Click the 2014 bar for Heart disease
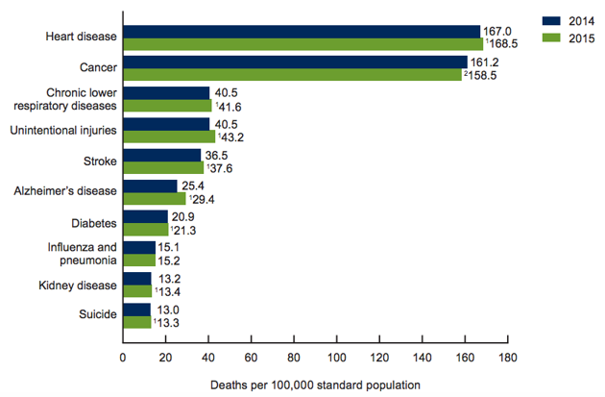(x=302, y=32)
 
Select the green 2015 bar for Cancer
(x=293, y=74)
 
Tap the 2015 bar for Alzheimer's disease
(x=154, y=198)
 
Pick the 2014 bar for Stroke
(x=161, y=155)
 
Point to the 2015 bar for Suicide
(x=136, y=322)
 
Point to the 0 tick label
(x=123, y=358)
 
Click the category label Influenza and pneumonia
(x=83, y=254)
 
